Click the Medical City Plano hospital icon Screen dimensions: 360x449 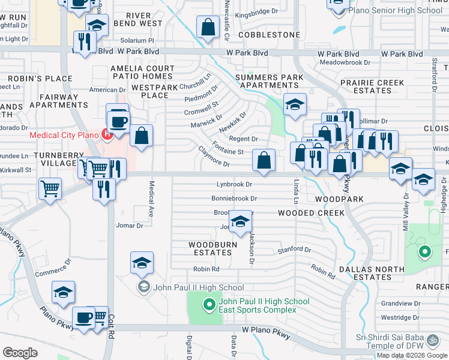tap(107, 134)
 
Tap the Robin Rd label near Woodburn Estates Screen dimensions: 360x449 tap(206, 269)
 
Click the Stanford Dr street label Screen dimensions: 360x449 tap(294, 250)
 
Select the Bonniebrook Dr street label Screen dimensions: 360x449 tap(234, 198)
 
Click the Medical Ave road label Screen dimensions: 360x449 tap(151, 200)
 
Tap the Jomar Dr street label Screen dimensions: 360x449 tap(129, 226)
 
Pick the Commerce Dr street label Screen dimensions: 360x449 tap(53, 268)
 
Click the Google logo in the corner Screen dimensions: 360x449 tap(20, 353)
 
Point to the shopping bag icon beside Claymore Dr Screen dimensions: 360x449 tap(264, 160)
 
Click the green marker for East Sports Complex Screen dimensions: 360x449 tap(209, 305)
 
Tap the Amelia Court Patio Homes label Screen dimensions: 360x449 tap(142, 73)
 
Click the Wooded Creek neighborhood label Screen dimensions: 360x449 tap(311, 213)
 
